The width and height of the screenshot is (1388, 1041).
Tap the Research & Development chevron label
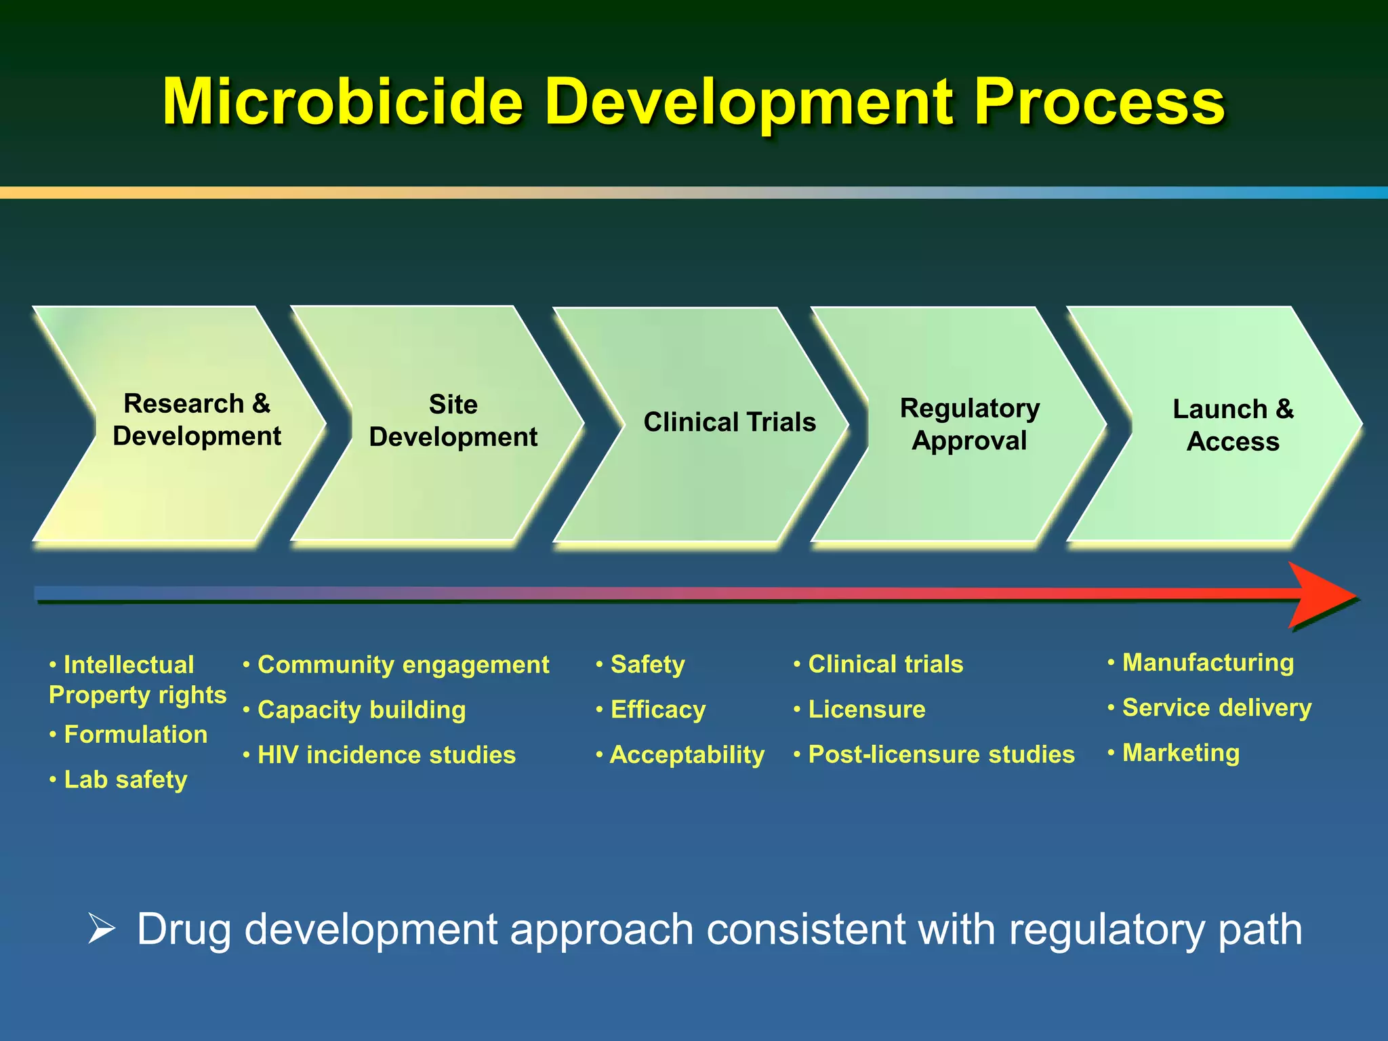click(x=197, y=420)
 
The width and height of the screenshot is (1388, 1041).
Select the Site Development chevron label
click(x=453, y=421)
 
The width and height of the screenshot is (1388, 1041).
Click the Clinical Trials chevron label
click(x=729, y=422)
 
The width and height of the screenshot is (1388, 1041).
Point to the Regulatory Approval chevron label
click(x=969, y=424)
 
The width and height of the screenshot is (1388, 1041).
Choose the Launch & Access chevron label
click(x=1233, y=425)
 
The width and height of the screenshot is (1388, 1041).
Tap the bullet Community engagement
click(x=403, y=665)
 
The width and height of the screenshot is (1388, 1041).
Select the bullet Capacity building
click(x=361, y=710)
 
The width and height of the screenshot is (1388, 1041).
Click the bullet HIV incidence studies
click(x=386, y=755)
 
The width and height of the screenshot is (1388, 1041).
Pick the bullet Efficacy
click(x=657, y=710)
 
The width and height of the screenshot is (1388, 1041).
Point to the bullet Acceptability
click(x=687, y=755)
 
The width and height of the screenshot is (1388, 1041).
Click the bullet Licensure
click(x=866, y=710)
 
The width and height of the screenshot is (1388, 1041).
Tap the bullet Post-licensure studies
click(x=941, y=755)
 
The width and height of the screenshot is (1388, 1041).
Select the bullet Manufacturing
click(x=1208, y=663)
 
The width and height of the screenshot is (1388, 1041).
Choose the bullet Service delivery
click(x=1217, y=708)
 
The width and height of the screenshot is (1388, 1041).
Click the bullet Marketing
click(x=1181, y=753)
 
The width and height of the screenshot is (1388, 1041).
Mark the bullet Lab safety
click(x=125, y=780)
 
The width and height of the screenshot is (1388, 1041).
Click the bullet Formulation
click(x=136, y=735)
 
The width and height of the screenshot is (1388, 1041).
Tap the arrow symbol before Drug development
click(x=102, y=928)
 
